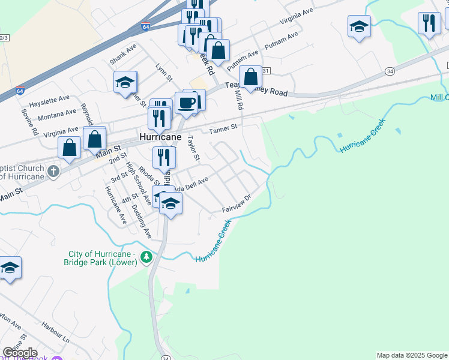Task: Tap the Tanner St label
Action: point(223,128)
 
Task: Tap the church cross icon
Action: point(53,172)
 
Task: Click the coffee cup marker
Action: point(186,102)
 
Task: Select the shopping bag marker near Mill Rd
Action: point(251,77)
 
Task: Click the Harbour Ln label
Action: point(56,333)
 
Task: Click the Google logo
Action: point(19,353)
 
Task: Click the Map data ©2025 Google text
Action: point(412,355)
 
